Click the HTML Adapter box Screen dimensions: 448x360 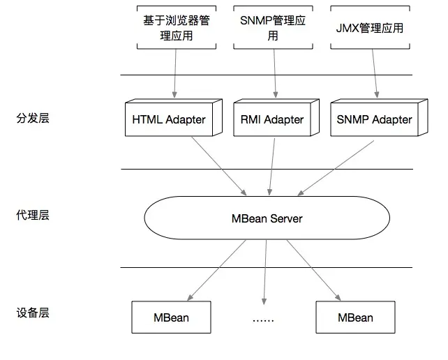tap(174, 118)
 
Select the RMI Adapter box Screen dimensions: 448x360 tap(276, 118)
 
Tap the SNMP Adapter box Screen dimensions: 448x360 tap(379, 118)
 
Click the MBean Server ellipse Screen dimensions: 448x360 tap(267, 218)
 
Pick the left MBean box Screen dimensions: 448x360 tap(171, 317)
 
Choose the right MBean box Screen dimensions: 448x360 tap(355, 317)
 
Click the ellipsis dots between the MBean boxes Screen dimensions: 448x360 tap(263, 320)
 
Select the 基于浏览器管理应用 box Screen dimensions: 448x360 tap(177, 27)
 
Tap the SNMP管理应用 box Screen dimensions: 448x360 tap(273, 27)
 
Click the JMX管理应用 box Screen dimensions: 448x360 tap(370, 27)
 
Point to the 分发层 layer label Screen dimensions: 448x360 tap(33, 118)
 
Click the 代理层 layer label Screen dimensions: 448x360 tap(33, 215)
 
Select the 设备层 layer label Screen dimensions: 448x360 tap(33, 313)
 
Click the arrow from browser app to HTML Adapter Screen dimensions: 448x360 tap(175, 73)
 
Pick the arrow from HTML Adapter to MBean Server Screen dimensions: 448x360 tap(218, 166)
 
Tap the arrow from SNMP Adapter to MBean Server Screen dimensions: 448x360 tap(336, 168)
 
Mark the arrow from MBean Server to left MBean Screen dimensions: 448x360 tap(216, 270)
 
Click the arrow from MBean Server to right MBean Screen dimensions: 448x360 tap(314, 270)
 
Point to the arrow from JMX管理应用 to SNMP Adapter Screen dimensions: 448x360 tap(375, 73)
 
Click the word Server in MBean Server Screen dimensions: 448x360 tap(286, 218)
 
